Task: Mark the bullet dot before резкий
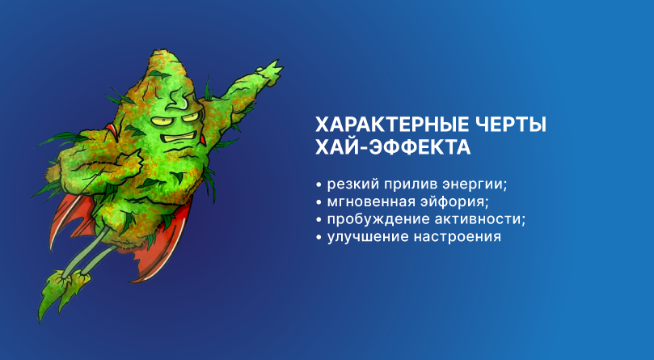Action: tap(319, 183)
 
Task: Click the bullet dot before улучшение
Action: tap(319, 239)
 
